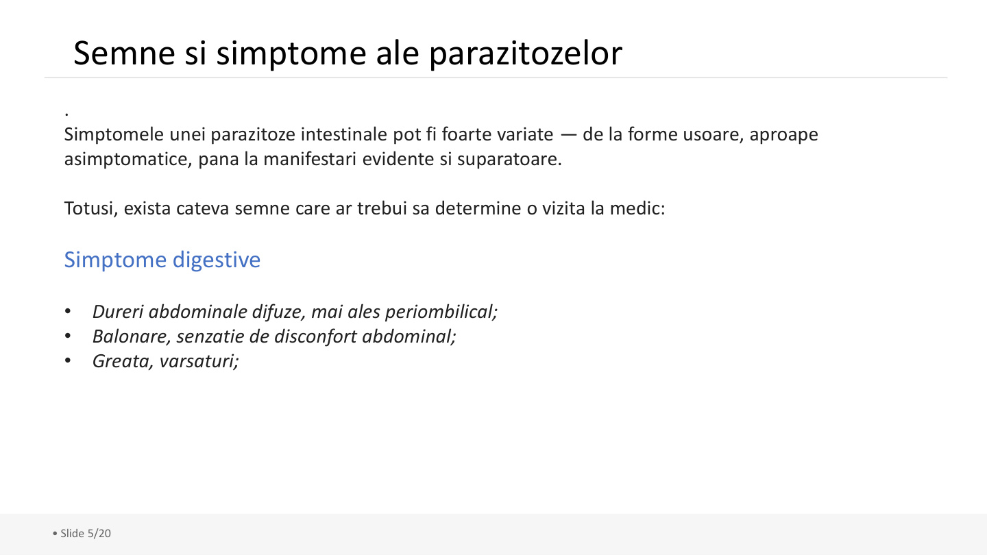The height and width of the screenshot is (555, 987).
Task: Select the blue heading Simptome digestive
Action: (x=162, y=260)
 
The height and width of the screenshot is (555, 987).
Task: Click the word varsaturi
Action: (x=199, y=361)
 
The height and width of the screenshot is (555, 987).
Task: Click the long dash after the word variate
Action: (x=568, y=134)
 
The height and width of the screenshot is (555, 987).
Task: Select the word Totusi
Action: (x=89, y=208)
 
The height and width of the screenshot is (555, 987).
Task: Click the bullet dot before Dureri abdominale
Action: (x=68, y=312)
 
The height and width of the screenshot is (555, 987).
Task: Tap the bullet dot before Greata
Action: (x=68, y=361)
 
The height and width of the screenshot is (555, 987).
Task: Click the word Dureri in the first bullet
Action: (x=118, y=312)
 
